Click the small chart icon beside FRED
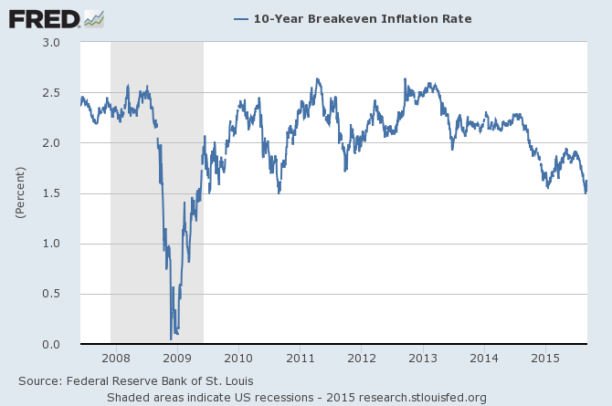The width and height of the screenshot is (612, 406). tap(94, 18)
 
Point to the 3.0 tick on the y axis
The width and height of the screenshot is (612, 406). tap(51, 43)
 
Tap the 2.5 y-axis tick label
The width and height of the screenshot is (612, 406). tap(51, 93)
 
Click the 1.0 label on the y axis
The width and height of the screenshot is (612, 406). tap(51, 244)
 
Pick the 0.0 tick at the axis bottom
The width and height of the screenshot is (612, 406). tap(51, 344)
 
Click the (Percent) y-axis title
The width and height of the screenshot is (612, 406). tap(19, 192)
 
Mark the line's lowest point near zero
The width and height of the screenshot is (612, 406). tap(171, 339)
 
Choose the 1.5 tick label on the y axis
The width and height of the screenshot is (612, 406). tap(51, 193)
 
